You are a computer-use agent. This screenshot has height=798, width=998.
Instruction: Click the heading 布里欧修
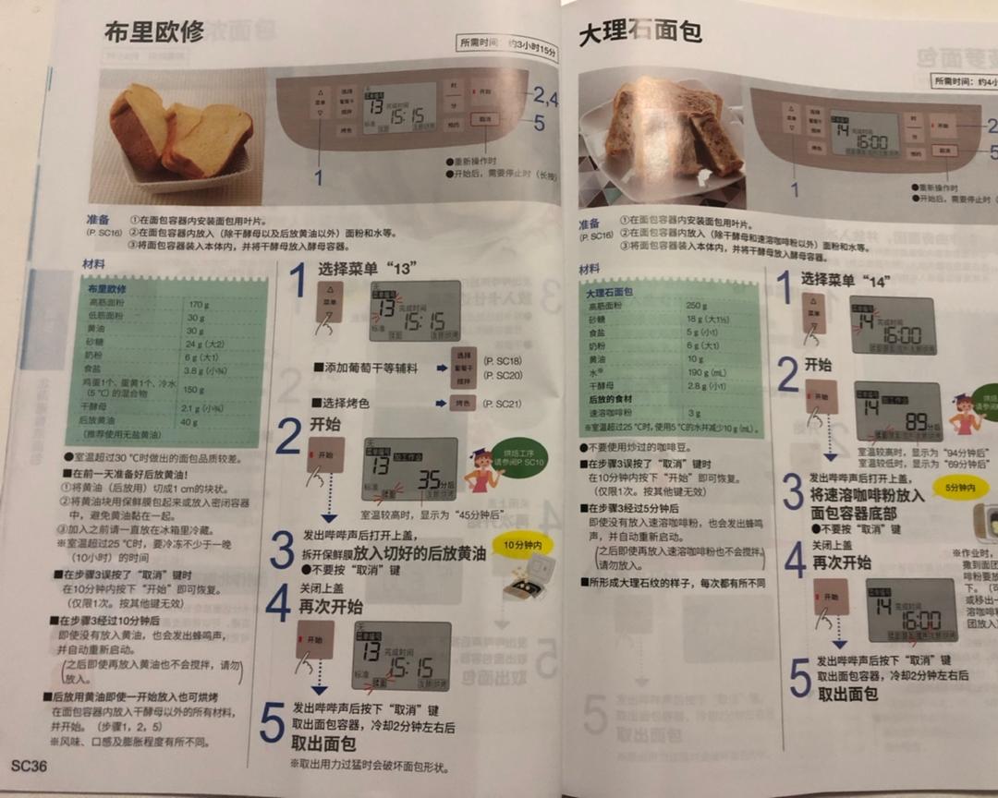[154, 32]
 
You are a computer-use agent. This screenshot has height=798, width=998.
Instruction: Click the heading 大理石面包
[639, 33]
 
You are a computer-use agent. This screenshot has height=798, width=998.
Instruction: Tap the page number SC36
[29, 764]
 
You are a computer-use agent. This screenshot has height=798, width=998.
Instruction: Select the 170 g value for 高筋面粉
[199, 304]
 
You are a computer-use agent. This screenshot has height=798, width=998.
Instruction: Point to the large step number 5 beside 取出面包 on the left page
[272, 723]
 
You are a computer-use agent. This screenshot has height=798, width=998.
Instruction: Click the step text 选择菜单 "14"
[849, 279]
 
